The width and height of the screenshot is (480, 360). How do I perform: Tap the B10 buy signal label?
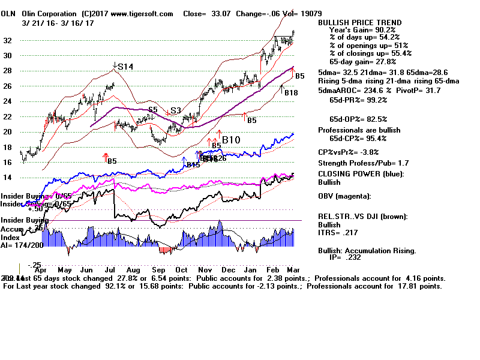[232, 140]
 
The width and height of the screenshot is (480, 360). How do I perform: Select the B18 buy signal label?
[291, 93]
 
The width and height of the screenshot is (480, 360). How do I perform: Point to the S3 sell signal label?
[175, 111]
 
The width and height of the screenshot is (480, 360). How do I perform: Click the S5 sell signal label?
[154, 110]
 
